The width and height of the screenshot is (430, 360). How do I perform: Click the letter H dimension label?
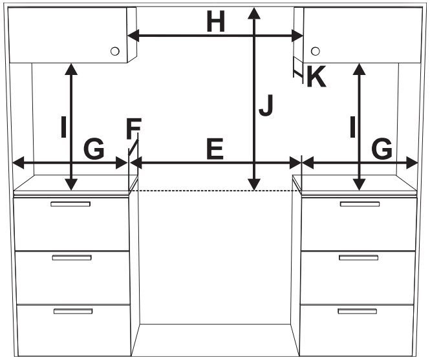(215, 23)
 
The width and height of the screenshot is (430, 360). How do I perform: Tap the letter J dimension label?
(266, 106)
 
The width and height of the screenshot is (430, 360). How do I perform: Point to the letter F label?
(133, 130)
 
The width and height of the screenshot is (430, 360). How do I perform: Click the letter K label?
(316, 78)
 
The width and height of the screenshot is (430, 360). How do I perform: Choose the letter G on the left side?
(94, 150)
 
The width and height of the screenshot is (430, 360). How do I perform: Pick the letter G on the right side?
(382, 150)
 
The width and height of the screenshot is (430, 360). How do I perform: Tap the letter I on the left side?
(63, 127)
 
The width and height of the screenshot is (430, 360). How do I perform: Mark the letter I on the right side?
(352, 127)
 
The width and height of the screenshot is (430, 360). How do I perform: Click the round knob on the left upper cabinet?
(114, 51)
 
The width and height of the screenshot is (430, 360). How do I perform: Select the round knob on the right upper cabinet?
(316, 51)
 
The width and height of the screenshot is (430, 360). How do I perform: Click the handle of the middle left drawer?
(71, 258)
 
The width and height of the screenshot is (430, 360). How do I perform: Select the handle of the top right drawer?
(360, 204)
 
